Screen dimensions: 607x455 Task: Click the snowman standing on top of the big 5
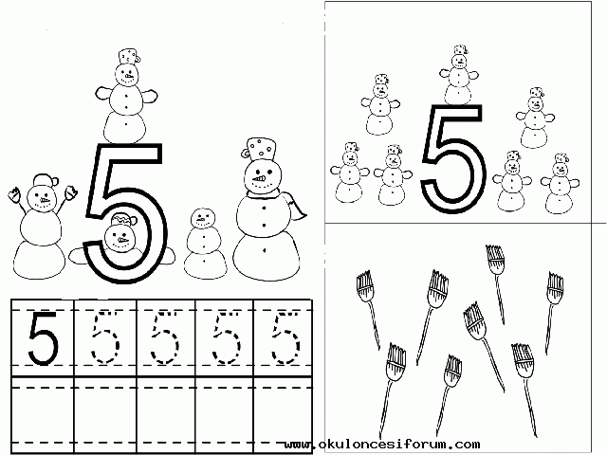(x=126, y=97)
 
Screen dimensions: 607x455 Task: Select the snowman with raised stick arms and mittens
(x=41, y=228)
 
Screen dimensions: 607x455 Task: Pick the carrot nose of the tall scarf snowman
(x=259, y=179)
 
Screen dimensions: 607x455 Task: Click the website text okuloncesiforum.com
(x=382, y=444)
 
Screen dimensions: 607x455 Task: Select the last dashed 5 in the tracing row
(x=285, y=337)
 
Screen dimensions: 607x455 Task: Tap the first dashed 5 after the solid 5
(x=105, y=337)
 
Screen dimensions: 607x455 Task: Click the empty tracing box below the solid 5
(x=43, y=414)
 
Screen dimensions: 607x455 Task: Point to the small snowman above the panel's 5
(x=459, y=76)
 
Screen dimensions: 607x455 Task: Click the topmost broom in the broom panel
(x=496, y=282)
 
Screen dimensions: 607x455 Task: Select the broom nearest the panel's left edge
(x=367, y=305)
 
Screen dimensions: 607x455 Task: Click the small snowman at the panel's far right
(x=560, y=184)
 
